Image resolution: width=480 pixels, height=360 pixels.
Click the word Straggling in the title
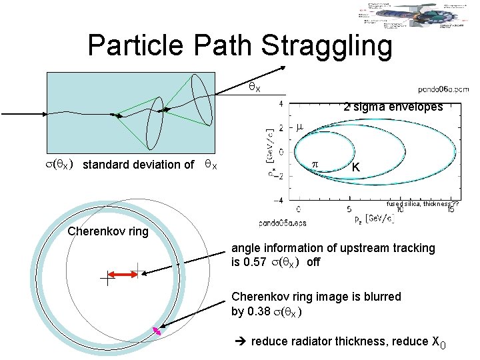click(327, 45)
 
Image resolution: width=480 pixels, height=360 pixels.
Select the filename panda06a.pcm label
click(443, 88)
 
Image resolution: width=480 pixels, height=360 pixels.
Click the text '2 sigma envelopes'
click(393, 107)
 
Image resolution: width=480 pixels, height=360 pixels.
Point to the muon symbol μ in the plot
click(299, 126)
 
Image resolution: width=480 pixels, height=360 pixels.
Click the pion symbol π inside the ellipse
click(316, 163)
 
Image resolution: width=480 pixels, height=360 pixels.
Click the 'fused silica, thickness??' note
click(423, 204)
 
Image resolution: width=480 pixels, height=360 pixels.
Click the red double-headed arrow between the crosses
click(123, 275)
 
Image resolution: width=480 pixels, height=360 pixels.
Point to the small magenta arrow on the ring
click(157, 330)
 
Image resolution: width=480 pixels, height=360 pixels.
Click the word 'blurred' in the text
click(382, 297)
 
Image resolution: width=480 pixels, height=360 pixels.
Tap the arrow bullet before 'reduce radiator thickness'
click(242, 341)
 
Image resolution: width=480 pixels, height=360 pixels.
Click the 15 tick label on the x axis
click(451, 209)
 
